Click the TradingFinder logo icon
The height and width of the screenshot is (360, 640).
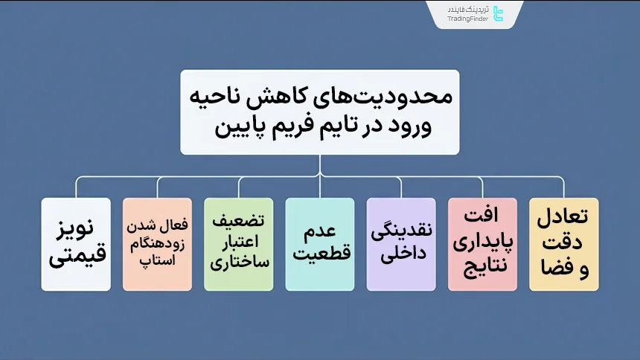(499, 14)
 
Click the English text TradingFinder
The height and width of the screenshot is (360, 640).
(468, 19)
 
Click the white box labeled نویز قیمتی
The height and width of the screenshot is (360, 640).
(76, 244)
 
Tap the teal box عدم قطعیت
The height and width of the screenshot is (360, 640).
(320, 244)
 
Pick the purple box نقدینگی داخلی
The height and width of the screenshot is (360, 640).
(401, 244)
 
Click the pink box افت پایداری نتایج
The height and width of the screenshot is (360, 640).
(483, 244)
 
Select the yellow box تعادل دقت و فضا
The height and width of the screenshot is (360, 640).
(563, 244)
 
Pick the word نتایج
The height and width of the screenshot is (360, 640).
(483, 263)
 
